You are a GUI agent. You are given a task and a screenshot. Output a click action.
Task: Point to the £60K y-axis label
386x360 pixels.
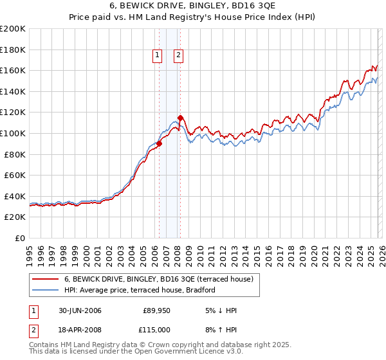click(15, 175)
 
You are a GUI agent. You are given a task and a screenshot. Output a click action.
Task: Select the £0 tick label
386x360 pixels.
click(20, 238)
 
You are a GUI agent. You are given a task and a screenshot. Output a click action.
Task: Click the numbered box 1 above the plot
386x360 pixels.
click(157, 56)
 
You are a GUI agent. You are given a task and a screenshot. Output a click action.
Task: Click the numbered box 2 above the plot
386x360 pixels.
click(178, 56)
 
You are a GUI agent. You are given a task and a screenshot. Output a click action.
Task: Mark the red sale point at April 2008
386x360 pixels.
click(180, 118)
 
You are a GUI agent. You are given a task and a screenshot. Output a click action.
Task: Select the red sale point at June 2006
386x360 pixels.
click(160, 144)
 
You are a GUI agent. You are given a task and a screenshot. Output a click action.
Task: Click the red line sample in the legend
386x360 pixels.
click(46, 279)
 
